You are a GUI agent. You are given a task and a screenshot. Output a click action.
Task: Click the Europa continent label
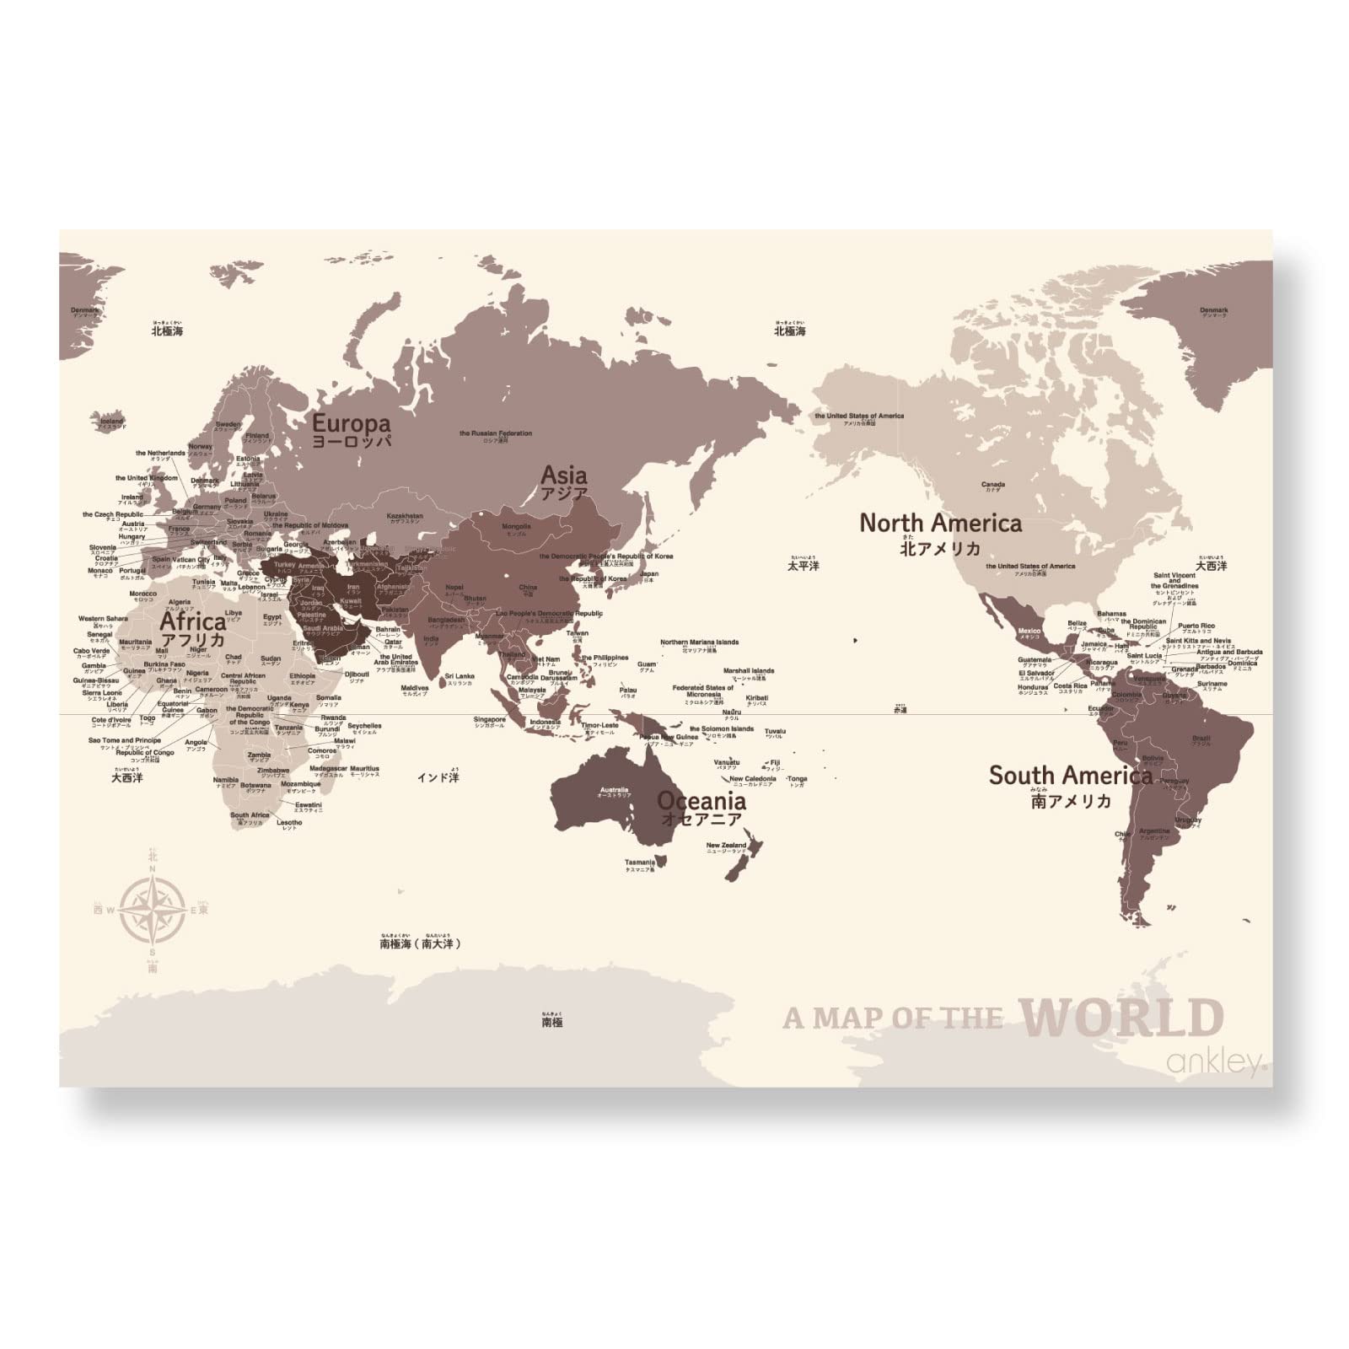[x=352, y=422]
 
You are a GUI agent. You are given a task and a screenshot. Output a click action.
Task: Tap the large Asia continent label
[x=564, y=475]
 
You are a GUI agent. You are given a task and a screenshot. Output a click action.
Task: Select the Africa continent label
[x=193, y=621]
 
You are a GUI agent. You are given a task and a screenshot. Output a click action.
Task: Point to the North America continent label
[x=940, y=524]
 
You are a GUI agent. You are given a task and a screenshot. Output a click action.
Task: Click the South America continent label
[x=1071, y=775]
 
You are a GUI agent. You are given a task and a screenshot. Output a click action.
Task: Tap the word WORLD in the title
[x=1121, y=1018]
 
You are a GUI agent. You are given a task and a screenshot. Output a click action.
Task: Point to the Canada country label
[x=993, y=485]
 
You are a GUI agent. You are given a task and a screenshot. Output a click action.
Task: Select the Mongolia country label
[x=516, y=527]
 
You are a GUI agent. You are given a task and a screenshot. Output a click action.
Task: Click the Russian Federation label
[x=496, y=433]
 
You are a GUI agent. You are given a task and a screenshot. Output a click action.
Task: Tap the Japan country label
[x=649, y=574]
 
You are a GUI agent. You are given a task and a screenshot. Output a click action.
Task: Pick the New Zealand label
[x=726, y=845]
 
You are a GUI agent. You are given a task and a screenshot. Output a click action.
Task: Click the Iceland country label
[x=111, y=421]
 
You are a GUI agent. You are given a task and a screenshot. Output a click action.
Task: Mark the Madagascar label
[x=328, y=769]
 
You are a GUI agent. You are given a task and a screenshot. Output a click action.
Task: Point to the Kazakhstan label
[x=404, y=515]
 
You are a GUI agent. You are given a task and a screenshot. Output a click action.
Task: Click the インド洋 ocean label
[x=438, y=777]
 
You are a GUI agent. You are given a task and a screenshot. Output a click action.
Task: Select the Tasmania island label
[x=640, y=862]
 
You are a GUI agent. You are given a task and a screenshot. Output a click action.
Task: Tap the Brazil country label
[x=1201, y=739]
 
